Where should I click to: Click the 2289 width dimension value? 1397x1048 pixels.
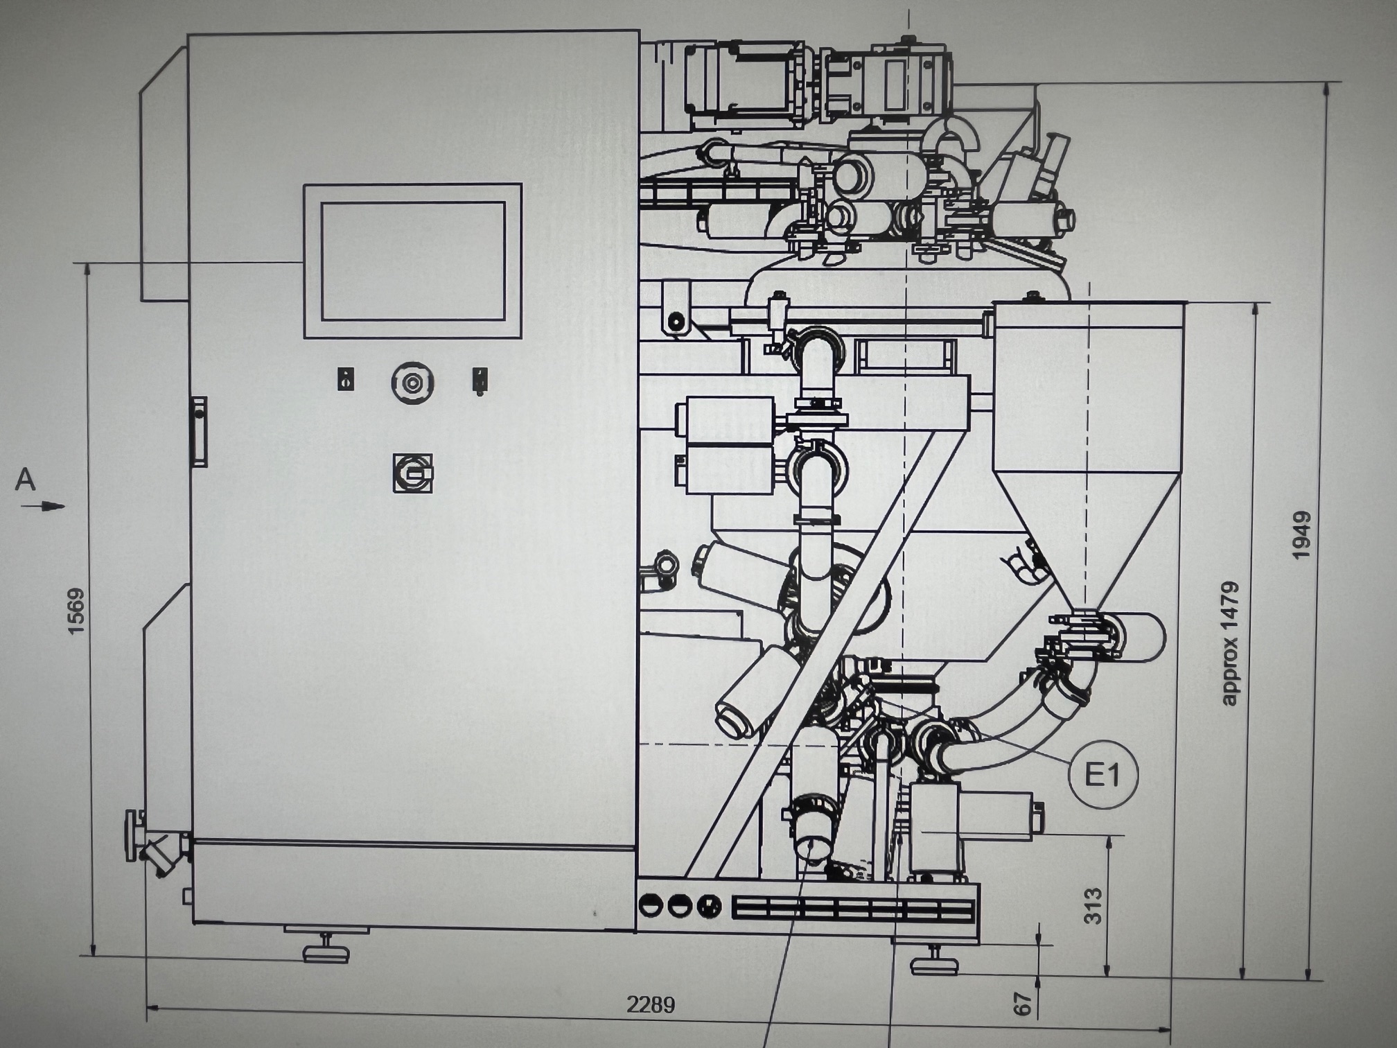(x=650, y=1004)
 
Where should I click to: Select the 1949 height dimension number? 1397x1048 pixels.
(x=1301, y=536)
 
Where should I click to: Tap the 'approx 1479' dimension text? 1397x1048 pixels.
(x=1229, y=644)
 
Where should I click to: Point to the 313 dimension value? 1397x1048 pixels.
(x=1092, y=905)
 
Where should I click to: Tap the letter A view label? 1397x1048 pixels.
(x=25, y=480)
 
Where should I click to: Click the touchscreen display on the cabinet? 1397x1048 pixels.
(x=413, y=261)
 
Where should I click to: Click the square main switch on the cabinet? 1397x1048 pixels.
(x=413, y=473)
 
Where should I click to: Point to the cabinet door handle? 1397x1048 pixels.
(x=199, y=431)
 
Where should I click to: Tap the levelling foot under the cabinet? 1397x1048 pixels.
(x=326, y=948)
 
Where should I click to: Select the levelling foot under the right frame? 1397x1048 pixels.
(x=934, y=961)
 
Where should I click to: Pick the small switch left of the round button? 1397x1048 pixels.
(x=346, y=380)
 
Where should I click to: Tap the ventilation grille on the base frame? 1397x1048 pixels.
(x=854, y=909)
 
